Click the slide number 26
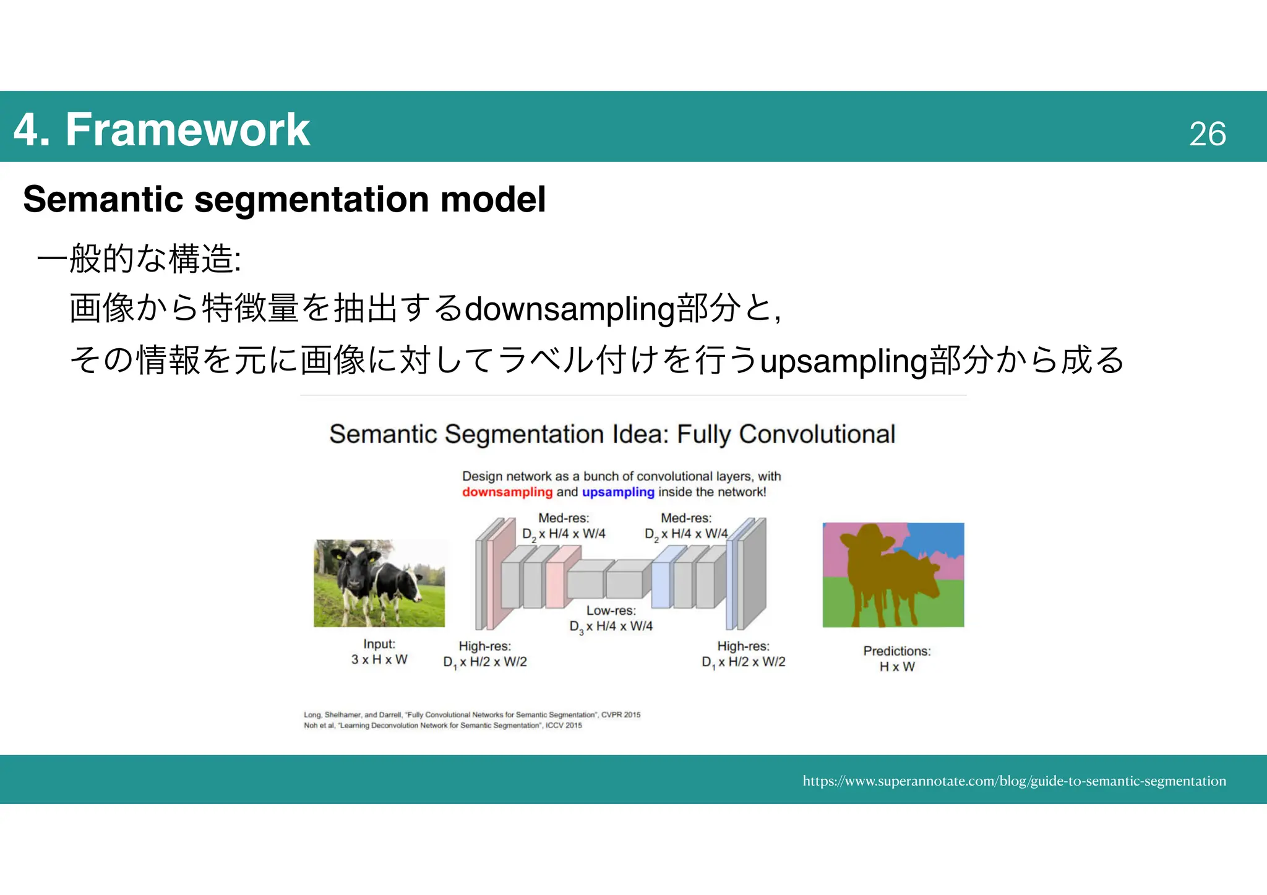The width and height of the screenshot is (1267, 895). click(x=1207, y=134)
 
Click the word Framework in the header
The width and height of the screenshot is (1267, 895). click(x=187, y=129)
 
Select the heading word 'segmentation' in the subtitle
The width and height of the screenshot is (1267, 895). click(x=312, y=199)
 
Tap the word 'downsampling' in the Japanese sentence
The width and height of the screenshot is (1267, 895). click(x=569, y=308)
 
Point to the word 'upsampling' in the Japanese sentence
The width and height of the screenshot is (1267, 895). click(x=844, y=361)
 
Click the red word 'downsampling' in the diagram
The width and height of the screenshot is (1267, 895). click(x=507, y=492)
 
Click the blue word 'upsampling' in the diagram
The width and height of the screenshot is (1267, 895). click(x=618, y=492)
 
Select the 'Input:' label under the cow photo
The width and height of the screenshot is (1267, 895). click(x=379, y=644)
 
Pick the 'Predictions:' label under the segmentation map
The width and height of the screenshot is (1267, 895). click(x=896, y=651)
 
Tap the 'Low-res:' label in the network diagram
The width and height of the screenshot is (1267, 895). click(x=611, y=610)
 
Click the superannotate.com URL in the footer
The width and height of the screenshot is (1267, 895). click(x=1014, y=781)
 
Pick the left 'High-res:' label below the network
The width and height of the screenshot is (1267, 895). click(x=484, y=646)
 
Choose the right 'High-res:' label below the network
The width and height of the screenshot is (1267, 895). click(x=743, y=646)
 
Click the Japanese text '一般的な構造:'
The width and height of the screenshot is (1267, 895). click(x=139, y=258)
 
